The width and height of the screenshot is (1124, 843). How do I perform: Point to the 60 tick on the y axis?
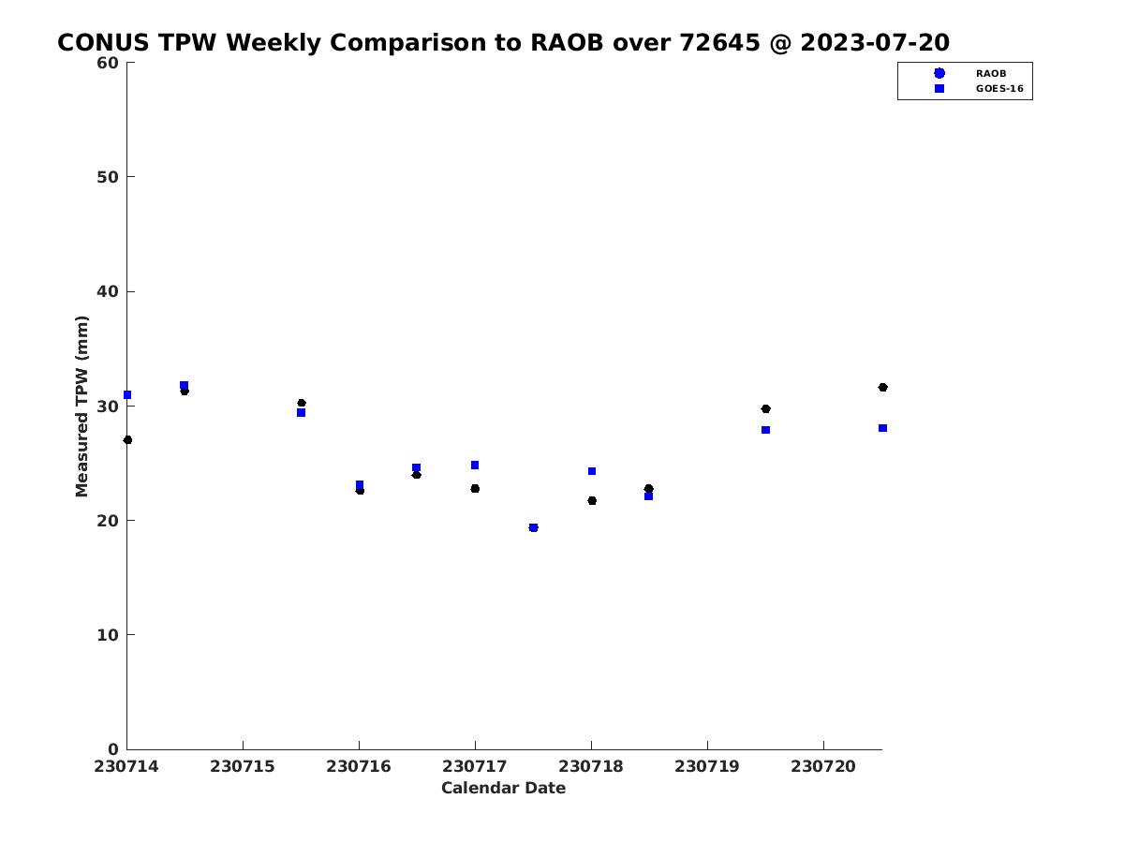pyautogui.click(x=108, y=63)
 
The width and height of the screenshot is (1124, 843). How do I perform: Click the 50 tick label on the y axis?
pyautogui.click(x=108, y=177)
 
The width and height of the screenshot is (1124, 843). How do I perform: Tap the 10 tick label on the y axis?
pyautogui.click(x=108, y=635)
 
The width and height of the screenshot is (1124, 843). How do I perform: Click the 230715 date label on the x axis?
pyautogui.click(x=243, y=766)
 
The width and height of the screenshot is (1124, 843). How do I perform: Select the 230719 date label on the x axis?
pyautogui.click(x=707, y=766)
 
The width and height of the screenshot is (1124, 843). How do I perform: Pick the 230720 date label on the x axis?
pyautogui.click(x=823, y=766)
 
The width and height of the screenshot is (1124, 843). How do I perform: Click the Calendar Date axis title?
pyautogui.click(x=503, y=788)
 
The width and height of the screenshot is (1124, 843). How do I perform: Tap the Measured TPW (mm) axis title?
pyautogui.click(x=81, y=407)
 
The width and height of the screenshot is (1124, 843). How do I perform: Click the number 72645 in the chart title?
pyautogui.click(x=719, y=42)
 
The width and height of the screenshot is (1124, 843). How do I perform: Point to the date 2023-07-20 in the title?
pyautogui.click(x=875, y=42)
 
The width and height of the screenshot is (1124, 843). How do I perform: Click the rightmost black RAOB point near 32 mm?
pyautogui.click(x=883, y=388)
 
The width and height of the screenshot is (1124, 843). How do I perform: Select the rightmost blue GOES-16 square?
pyautogui.click(x=883, y=428)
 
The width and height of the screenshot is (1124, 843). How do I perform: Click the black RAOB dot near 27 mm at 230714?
pyautogui.click(x=128, y=440)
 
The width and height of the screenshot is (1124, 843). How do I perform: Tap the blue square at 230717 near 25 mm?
pyautogui.click(x=475, y=466)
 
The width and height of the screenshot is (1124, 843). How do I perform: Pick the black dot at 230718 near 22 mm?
pyautogui.click(x=592, y=500)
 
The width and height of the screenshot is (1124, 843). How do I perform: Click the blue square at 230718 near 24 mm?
pyautogui.click(x=592, y=471)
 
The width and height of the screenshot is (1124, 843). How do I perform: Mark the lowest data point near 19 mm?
pyautogui.click(x=533, y=527)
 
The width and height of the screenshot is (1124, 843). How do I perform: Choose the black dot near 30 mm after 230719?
pyautogui.click(x=765, y=409)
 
